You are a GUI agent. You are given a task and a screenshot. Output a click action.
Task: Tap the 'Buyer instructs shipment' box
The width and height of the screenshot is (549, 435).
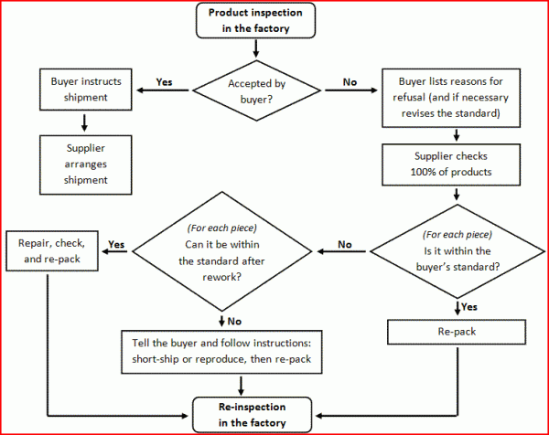tap(86, 89)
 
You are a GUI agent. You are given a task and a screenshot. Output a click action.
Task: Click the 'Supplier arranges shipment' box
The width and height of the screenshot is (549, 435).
tap(86, 164)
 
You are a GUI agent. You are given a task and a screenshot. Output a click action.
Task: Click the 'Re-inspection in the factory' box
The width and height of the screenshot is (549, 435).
tap(249, 415)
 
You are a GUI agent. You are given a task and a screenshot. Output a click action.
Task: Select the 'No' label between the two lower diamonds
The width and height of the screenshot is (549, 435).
tap(345, 244)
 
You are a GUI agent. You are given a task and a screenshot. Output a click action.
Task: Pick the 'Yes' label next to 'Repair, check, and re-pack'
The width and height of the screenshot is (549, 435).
tap(116, 244)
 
